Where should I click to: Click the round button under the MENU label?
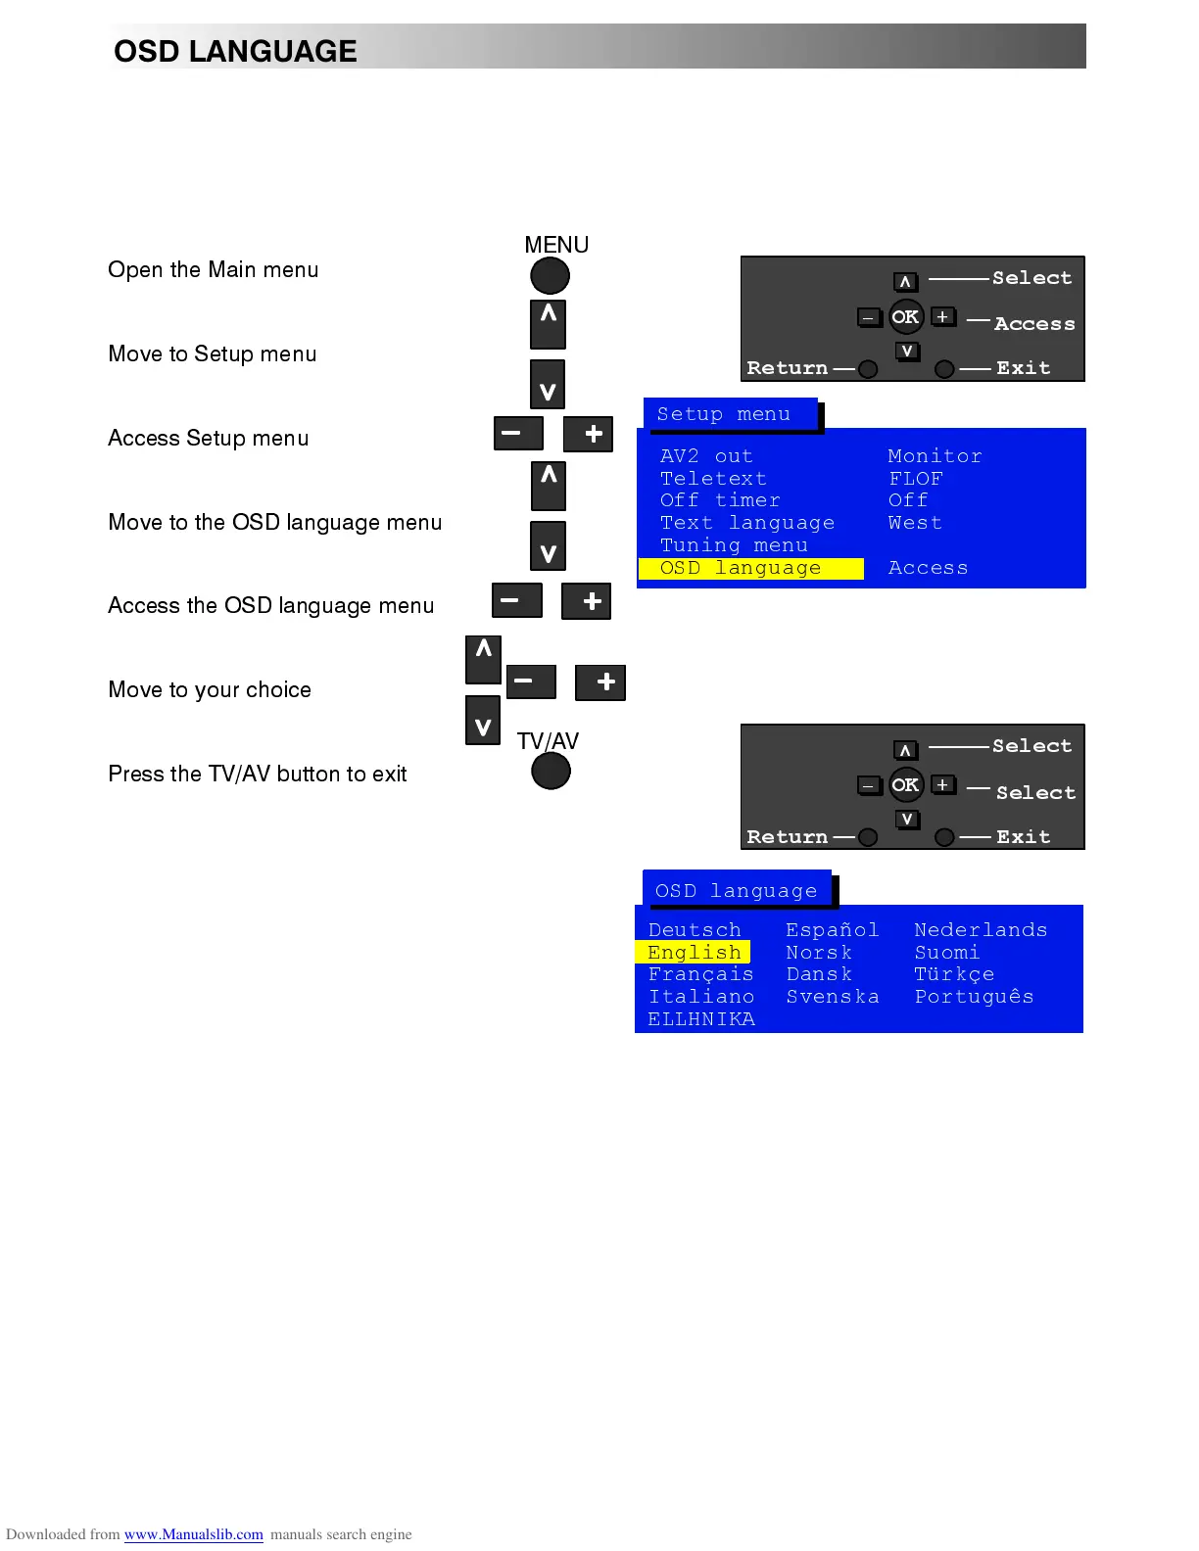[x=550, y=276]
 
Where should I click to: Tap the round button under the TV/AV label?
[x=551, y=772]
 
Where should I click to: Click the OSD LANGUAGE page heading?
[x=235, y=51]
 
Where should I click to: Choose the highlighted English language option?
[x=694, y=953]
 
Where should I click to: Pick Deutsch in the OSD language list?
[x=695, y=930]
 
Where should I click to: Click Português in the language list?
[x=974, y=997]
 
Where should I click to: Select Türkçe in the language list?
[x=954, y=974]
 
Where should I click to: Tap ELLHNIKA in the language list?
[x=701, y=1019]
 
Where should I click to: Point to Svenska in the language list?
[x=833, y=997]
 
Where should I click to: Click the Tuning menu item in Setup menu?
[x=734, y=545]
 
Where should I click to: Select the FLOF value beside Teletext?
[x=915, y=479]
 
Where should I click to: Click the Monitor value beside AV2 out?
[x=935, y=456]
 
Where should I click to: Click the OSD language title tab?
[x=736, y=891]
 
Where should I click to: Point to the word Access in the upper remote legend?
[x=1034, y=324]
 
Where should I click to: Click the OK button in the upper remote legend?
[x=905, y=317]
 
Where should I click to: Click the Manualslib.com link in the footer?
[x=194, y=1534]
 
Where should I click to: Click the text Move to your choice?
[x=210, y=690]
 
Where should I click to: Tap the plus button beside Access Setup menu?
[x=589, y=434]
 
